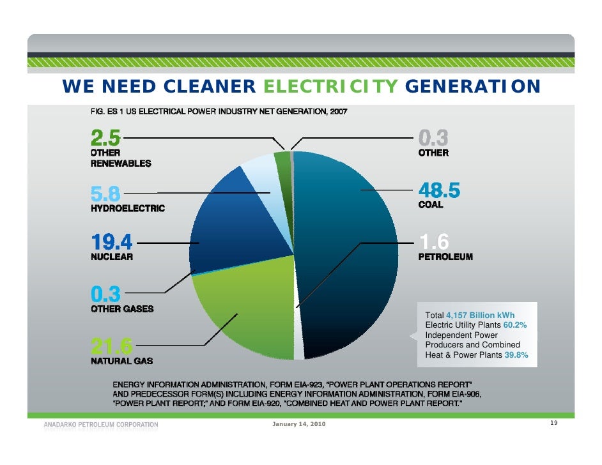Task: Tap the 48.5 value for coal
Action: click(439, 190)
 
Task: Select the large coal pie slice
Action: click(345, 243)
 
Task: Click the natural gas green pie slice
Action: click(243, 313)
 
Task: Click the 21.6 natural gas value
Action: click(111, 346)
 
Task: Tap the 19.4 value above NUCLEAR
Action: click(111, 243)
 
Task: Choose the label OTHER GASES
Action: click(121, 309)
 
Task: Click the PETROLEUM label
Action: click(445, 257)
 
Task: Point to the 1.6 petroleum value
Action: click(434, 242)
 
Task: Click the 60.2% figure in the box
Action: click(515, 325)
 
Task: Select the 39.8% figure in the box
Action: click(516, 355)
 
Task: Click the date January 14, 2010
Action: click(298, 425)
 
